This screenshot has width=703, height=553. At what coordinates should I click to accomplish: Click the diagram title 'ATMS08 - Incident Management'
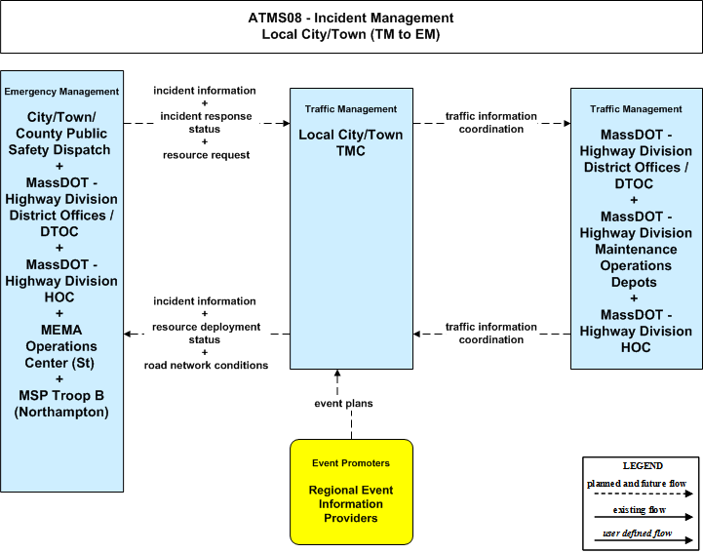tap(351, 18)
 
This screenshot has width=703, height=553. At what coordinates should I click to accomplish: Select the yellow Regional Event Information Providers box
tap(351, 492)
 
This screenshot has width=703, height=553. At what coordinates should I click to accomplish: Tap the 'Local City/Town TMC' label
tap(351, 142)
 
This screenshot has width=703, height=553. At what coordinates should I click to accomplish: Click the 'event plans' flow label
tap(343, 403)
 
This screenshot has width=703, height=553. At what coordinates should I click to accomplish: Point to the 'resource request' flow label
tap(207, 155)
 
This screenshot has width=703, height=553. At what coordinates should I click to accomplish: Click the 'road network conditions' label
tap(206, 365)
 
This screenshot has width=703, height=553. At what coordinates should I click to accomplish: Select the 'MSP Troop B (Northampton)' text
tap(61, 404)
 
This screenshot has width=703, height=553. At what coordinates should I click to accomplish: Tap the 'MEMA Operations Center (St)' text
tap(60, 346)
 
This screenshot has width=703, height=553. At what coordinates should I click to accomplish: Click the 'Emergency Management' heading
tap(61, 92)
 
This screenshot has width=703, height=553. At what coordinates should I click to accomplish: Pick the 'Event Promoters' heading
tap(351, 463)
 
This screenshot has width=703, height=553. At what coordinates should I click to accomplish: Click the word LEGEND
tap(643, 466)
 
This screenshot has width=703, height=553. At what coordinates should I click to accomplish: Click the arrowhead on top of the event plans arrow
tap(337, 374)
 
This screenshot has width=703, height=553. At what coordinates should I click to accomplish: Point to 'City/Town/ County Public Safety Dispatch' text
tap(60, 134)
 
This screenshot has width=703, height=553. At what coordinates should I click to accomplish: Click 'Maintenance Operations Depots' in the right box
tap(636, 265)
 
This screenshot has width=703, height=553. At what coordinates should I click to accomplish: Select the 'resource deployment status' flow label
tap(206, 334)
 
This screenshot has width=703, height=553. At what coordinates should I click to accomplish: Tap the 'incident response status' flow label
tap(206, 123)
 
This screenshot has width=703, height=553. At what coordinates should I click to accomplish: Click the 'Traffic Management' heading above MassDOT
tap(636, 109)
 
